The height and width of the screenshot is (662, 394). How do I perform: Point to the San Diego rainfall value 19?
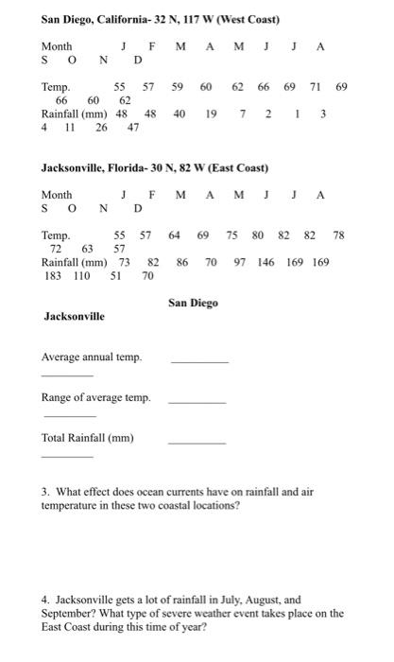coord(214,113)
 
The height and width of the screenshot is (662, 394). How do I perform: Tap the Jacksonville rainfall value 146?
coord(269,261)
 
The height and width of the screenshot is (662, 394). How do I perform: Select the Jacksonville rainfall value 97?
coord(239,261)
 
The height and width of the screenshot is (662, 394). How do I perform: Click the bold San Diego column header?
coord(193,304)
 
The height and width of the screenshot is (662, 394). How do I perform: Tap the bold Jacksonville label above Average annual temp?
coord(75,316)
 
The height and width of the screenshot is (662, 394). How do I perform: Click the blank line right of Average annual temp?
coord(198,362)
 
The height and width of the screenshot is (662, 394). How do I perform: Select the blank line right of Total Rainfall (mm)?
coord(197,443)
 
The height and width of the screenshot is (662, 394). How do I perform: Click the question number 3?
coord(45,492)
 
